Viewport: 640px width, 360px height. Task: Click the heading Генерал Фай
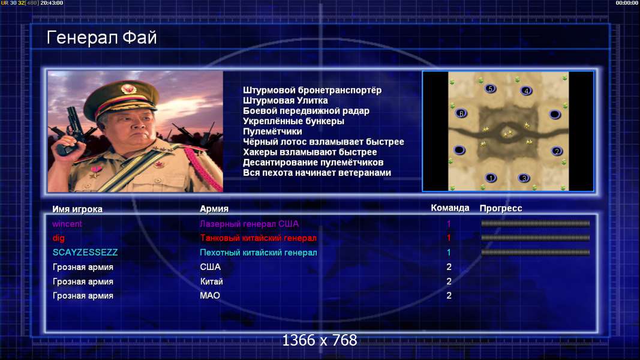tap(101, 38)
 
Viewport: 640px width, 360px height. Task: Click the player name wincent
tap(67, 224)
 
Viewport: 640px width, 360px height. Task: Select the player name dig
tap(58, 238)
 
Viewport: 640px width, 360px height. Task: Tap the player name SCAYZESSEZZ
tap(85, 252)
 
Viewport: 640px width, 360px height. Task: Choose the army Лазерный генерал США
tap(249, 224)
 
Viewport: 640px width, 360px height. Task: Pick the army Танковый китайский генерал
tap(258, 238)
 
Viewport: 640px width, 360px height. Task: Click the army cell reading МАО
tap(210, 296)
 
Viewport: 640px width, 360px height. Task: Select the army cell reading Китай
tap(211, 281)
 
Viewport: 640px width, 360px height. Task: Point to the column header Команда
tap(450, 208)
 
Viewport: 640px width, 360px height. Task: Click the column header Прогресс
tap(501, 209)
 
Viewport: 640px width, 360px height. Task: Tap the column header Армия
tap(214, 209)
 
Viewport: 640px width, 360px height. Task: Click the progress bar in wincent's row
tap(536, 224)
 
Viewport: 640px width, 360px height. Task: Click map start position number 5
tap(491, 88)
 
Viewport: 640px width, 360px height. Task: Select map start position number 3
tap(524, 178)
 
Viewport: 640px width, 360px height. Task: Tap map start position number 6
tap(461, 113)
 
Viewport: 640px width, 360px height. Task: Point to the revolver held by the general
tap(73, 130)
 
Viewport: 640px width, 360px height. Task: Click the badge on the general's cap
tap(128, 89)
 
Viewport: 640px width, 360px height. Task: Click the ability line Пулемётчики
tap(272, 131)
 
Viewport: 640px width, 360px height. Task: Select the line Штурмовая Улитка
tap(286, 100)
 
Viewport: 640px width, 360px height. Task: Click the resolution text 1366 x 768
tap(320, 340)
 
